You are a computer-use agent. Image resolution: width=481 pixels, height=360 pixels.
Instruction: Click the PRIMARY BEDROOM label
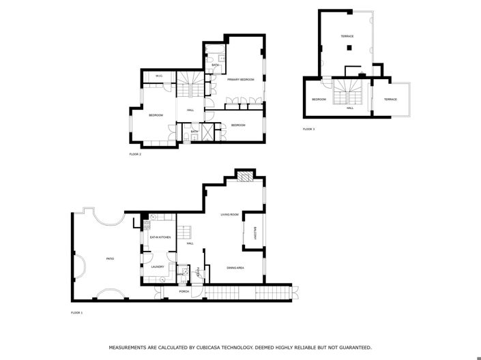[241, 80]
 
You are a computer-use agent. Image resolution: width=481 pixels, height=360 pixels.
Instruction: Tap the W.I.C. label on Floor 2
[158, 76]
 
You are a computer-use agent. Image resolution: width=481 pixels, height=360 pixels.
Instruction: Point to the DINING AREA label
[235, 267]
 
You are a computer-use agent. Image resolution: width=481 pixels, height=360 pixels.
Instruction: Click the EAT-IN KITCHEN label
[160, 237]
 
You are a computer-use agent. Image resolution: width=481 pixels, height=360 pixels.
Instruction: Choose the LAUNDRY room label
[158, 267]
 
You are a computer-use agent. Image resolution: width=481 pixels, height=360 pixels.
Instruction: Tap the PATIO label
[110, 258]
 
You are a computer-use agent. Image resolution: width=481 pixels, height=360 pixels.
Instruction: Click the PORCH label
[184, 290]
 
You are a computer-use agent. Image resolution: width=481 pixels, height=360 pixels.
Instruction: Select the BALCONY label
[255, 232]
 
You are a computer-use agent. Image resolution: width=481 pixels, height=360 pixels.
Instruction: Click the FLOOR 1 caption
[76, 312]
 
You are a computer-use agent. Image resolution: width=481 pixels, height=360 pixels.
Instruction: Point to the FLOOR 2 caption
[135, 154]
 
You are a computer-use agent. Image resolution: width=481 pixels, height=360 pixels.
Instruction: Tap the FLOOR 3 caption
[309, 129]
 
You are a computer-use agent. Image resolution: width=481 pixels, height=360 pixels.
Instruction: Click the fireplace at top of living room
[244, 176]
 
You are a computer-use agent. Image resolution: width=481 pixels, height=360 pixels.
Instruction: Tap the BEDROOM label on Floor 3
[319, 100]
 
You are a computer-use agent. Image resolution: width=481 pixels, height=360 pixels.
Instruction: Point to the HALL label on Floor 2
[190, 110]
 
